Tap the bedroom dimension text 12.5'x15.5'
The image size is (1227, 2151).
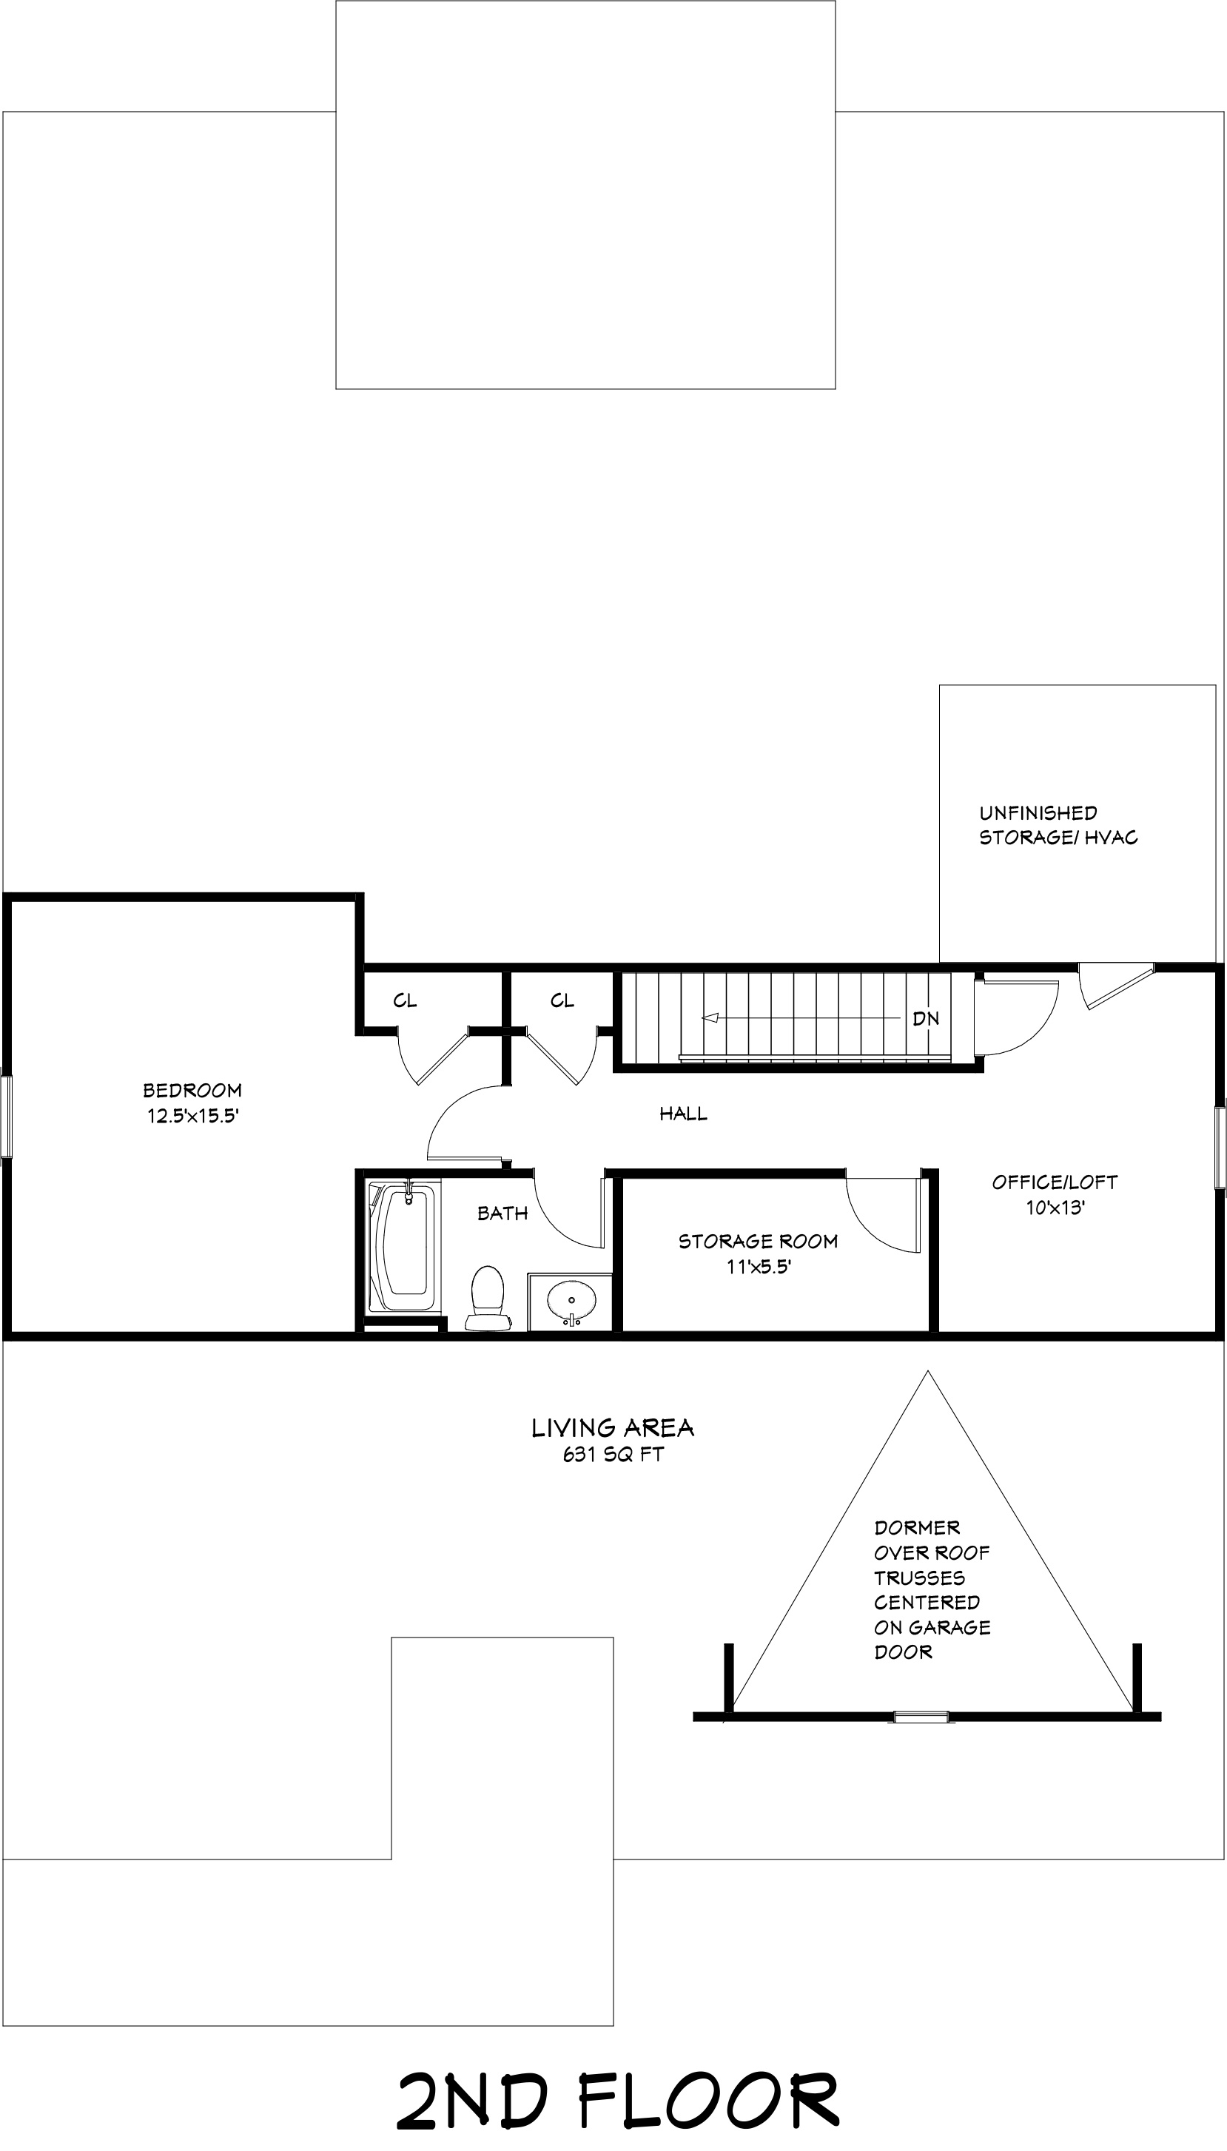(x=193, y=1117)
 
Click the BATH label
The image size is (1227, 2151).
(x=502, y=1213)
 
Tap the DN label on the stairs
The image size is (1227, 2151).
(x=925, y=1019)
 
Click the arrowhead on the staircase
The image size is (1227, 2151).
(x=710, y=1018)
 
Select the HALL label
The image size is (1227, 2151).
(x=684, y=1114)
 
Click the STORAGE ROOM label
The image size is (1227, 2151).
(x=758, y=1241)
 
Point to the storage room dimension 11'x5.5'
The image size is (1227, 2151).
(x=759, y=1266)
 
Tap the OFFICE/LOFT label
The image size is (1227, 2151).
(x=1055, y=1182)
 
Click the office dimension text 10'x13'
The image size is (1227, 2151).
(x=1055, y=1208)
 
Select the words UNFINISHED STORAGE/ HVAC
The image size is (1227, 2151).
(x=1058, y=825)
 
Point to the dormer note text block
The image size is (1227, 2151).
(x=932, y=1589)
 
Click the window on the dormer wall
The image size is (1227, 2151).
(x=921, y=1716)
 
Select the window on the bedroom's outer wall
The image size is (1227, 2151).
(x=7, y=1117)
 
